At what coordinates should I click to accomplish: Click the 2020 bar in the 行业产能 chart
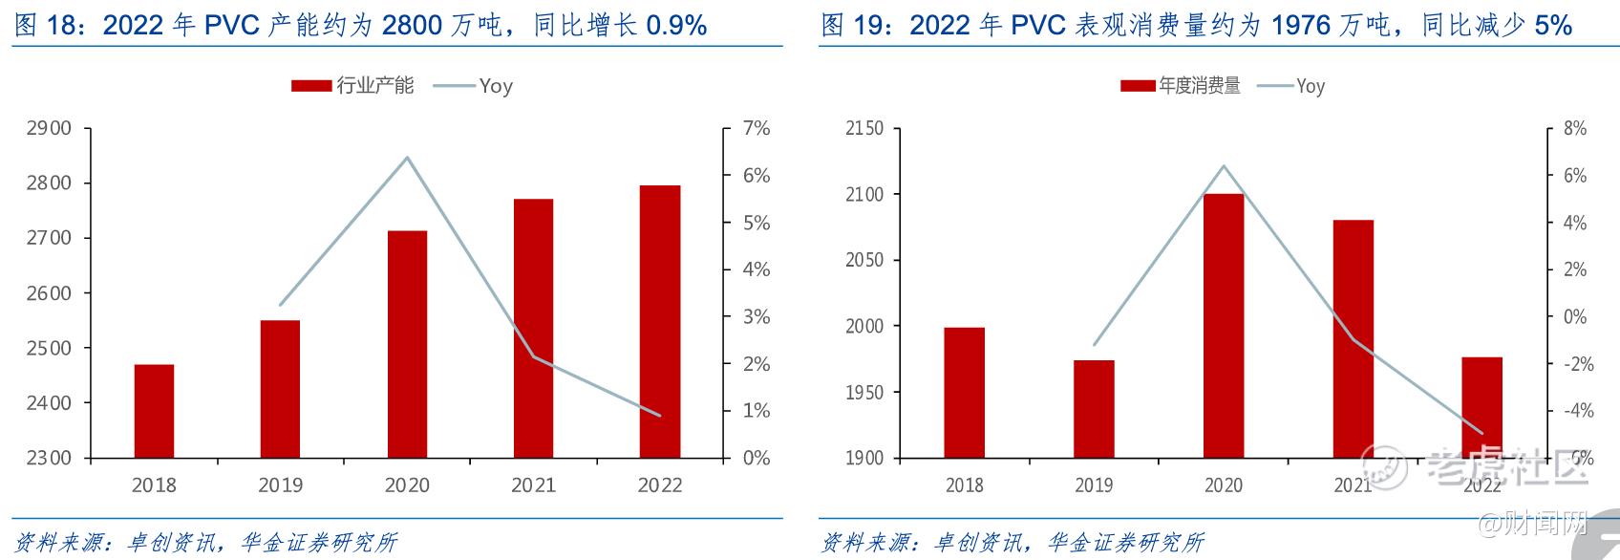[407, 344]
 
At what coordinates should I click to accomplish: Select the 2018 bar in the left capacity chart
[154, 411]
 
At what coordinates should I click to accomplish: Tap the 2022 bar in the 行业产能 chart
[660, 321]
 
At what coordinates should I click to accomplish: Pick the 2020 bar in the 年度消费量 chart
[1224, 325]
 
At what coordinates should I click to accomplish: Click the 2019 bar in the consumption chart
[1094, 408]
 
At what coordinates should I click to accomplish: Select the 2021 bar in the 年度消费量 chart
[1353, 338]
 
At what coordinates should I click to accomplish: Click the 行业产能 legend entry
[353, 86]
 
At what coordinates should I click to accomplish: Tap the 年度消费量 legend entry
[1182, 86]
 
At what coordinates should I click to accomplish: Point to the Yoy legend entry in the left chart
[474, 86]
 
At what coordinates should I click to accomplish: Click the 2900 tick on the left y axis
[50, 128]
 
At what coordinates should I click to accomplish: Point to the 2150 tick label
[865, 128]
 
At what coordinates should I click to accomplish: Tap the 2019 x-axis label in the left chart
[280, 485]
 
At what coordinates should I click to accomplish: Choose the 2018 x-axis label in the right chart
[964, 485]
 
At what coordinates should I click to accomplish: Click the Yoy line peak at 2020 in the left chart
[408, 158]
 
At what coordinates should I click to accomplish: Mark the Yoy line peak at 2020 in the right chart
[1224, 165]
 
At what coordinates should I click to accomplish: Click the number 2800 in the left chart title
[412, 25]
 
